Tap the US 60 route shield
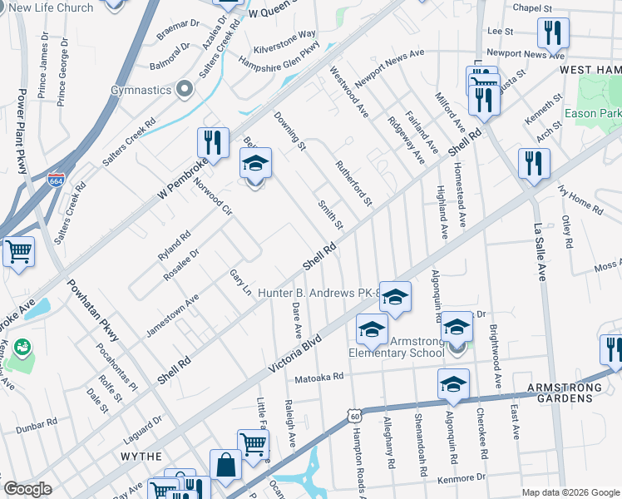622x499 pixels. (x=355, y=415)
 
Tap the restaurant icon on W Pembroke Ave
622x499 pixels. (x=214, y=142)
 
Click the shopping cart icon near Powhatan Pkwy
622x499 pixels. (x=18, y=251)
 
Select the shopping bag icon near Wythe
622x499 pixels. (x=225, y=465)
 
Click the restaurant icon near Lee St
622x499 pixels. (x=552, y=34)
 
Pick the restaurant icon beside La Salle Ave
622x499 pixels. (x=534, y=163)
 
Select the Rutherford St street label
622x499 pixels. (x=353, y=183)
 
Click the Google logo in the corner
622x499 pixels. (x=27, y=489)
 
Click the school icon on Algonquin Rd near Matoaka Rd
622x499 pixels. (x=453, y=384)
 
